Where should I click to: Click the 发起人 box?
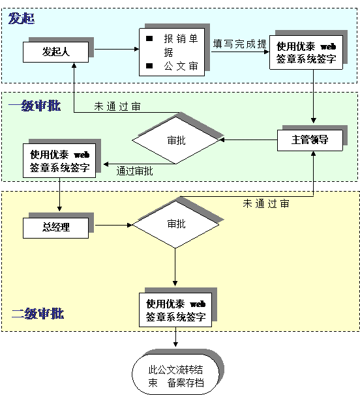tap(55, 52)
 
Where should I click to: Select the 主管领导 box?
tap(310, 140)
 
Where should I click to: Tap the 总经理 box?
tap(55, 227)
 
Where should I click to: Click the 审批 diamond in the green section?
tap(176, 140)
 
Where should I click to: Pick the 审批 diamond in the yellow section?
tap(175, 224)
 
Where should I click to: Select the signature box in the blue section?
tap(306, 52)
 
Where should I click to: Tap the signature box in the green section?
tap(59, 161)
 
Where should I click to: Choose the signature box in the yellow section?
tap(175, 310)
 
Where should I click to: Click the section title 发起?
tap(22, 18)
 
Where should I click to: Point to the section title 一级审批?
tap(35, 106)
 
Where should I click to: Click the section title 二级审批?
tap(38, 314)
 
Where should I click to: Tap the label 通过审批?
tap(134, 171)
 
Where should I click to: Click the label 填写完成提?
tap(240, 44)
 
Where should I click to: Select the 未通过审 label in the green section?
tap(117, 106)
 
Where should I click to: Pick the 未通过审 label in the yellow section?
tap(266, 203)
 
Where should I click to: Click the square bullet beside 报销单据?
tap(149, 38)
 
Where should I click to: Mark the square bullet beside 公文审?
tap(149, 66)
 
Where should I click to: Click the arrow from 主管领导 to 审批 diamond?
tap(248, 139)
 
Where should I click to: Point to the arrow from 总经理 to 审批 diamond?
tap(113, 225)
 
